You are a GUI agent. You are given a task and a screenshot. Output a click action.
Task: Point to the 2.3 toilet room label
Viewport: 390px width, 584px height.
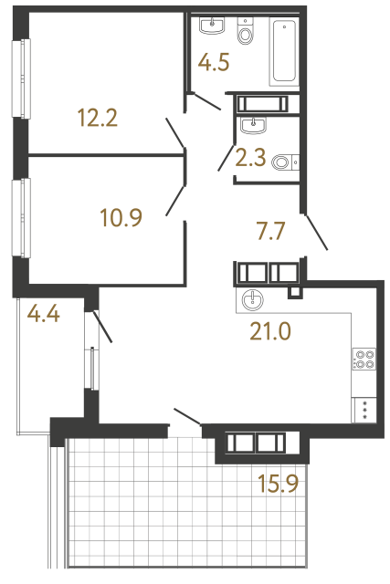pos(250,159)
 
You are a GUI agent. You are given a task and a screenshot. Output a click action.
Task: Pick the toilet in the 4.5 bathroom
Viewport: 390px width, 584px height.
pos(244,34)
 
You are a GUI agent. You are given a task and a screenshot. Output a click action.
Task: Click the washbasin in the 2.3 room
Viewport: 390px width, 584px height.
pos(252,125)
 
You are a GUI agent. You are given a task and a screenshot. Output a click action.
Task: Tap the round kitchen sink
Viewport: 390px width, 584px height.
pos(250,299)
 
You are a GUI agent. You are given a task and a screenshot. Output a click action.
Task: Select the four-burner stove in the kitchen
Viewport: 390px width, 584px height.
pos(364,360)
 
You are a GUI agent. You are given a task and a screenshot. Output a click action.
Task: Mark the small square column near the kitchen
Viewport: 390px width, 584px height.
pos(294,293)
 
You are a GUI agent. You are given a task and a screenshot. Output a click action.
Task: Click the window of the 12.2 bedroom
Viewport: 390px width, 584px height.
pos(16,72)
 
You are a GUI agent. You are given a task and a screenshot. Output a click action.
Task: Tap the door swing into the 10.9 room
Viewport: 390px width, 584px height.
pos(176,202)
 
